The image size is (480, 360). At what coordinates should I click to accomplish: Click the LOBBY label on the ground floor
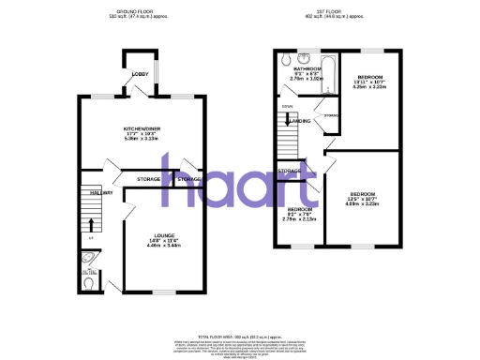[x=139, y=73]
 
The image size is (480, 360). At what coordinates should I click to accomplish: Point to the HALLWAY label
[x=100, y=193]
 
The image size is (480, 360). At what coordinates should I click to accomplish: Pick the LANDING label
[x=301, y=121]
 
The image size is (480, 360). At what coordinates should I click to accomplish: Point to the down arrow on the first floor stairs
[x=287, y=118]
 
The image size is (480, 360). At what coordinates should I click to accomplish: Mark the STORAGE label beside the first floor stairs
[x=289, y=172]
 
